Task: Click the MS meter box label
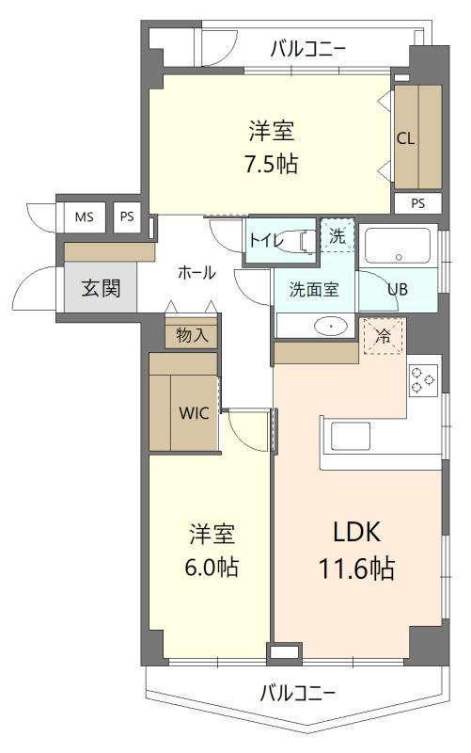click(x=84, y=217)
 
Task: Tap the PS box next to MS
click(x=127, y=217)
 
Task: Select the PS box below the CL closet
click(x=417, y=203)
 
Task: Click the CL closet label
click(x=405, y=138)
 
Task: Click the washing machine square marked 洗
click(x=338, y=235)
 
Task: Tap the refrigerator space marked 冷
click(x=383, y=336)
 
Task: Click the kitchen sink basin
click(x=350, y=437)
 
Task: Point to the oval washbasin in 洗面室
click(x=331, y=326)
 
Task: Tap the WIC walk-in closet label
click(x=194, y=413)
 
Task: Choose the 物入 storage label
click(x=192, y=335)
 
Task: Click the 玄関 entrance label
click(x=101, y=288)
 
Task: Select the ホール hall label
click(x=196, y=273)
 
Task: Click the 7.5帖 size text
click(x=272, y=164)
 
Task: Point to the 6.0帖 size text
click(x=212, y=568)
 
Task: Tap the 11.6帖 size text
click(x=357, y=569)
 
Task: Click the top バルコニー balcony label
click(x=308, y=50)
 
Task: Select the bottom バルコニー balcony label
click(x=297, y=693)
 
